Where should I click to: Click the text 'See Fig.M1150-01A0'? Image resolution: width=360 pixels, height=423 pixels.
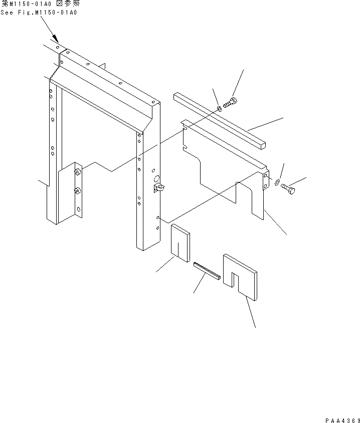click(x=39, y=12)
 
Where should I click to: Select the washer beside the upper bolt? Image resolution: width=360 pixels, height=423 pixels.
click(x=220, y=108)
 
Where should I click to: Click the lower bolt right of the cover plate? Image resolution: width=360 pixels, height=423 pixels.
click(x=288, y=189)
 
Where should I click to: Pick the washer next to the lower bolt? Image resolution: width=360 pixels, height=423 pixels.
click(x=277, y=181)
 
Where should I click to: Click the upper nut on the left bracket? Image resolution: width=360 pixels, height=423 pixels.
click(x=78, y=172)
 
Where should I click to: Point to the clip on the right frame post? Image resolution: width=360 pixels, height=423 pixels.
click(x=160, y=188)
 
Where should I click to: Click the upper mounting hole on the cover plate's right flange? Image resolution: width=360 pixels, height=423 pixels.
click(x=264, y=175)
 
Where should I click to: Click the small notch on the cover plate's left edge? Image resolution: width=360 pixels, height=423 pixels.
click(x=186, y=147)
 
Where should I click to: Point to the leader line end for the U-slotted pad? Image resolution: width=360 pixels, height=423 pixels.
click(x=255, y=327)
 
